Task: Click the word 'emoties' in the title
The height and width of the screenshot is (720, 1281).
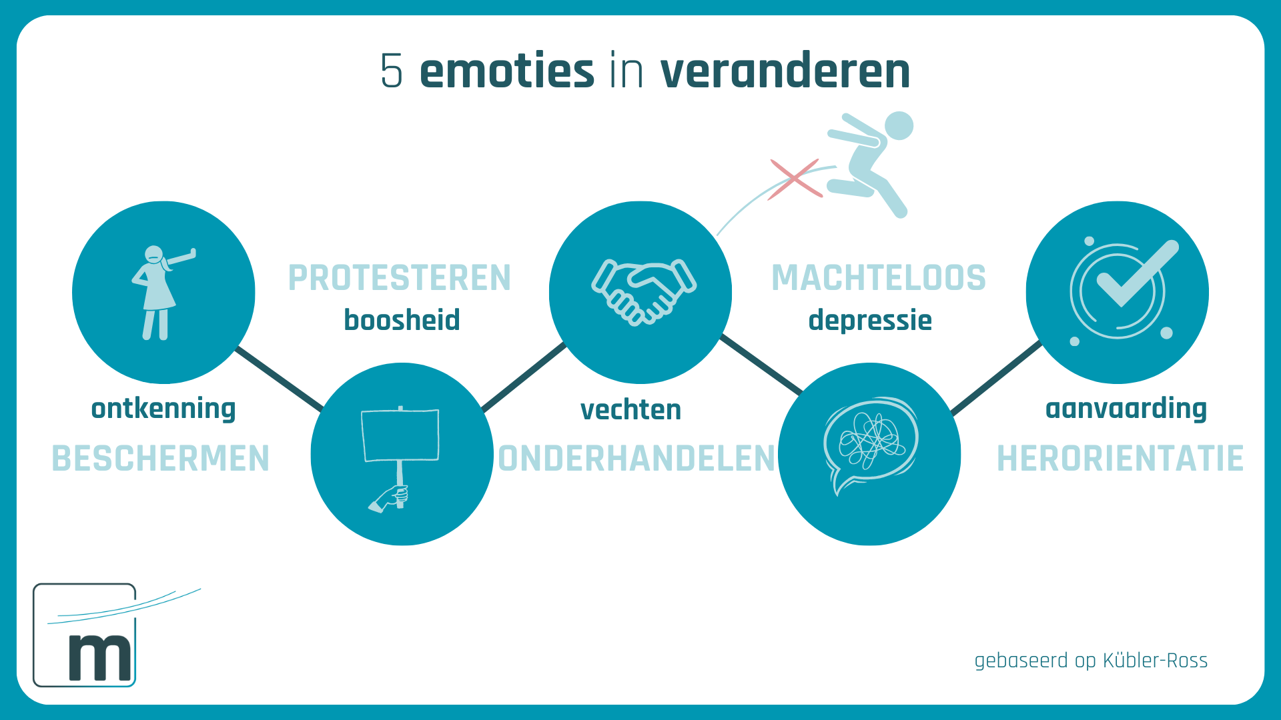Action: tap(506, 71)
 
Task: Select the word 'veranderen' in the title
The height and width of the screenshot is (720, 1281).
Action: tap(785, 71)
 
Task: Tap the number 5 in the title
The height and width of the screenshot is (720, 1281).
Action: tap(392, 71)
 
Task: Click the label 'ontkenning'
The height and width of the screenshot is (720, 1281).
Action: tap(163, 409)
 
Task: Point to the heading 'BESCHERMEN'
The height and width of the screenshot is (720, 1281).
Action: tap(161, 459)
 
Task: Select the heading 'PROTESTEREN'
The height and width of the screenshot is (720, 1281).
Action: tap(400, 278)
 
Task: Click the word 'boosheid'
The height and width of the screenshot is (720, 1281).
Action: tap(402, 320)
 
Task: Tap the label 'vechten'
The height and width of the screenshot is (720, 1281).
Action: tap(631, 410)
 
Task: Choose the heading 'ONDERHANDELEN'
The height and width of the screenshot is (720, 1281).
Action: tap(637, 459)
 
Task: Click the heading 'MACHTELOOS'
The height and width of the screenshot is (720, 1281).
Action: tap(879, 278)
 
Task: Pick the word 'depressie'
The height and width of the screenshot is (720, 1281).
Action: tap(870, 321)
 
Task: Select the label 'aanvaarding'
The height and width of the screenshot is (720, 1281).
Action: tap(1126, 409)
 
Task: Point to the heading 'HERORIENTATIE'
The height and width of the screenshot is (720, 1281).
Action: tap(1120, 459)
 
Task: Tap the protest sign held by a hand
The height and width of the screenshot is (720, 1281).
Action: tap(400, 435)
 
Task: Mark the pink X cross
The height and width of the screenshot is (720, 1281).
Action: tap(795, 179)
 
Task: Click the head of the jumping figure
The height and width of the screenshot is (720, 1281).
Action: tap(899, 125)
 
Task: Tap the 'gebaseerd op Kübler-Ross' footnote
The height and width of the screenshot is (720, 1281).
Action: tap(1091, 661)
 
